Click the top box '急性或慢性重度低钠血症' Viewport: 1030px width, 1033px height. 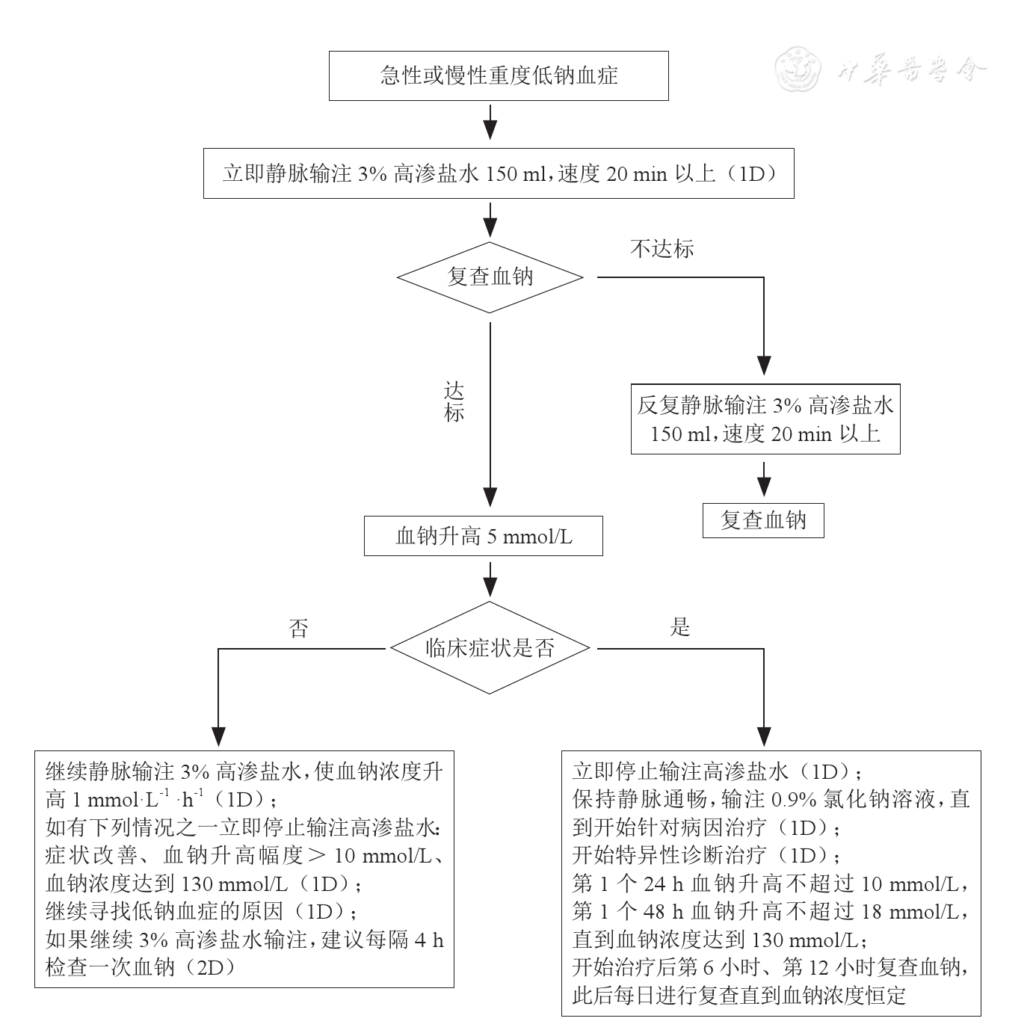pos(499,75)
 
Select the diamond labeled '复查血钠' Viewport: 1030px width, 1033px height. pos(490,277)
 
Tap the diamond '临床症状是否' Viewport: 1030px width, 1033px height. pos(490,648)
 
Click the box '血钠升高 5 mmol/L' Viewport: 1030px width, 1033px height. pos(483,536)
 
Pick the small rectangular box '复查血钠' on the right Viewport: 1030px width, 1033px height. pos(763,521)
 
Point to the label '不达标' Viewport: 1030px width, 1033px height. pos(662,249)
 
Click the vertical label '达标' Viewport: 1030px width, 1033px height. pos(454,403)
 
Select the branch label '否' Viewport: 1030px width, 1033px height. pos(298,629)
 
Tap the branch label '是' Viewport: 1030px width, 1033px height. pos(679,627)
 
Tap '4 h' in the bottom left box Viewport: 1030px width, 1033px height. pos(428,940)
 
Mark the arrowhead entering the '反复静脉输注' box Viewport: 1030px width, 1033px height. pos(763,365)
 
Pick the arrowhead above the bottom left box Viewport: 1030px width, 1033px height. pos(218,736)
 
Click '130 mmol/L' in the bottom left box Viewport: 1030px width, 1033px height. pos(235,884)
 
